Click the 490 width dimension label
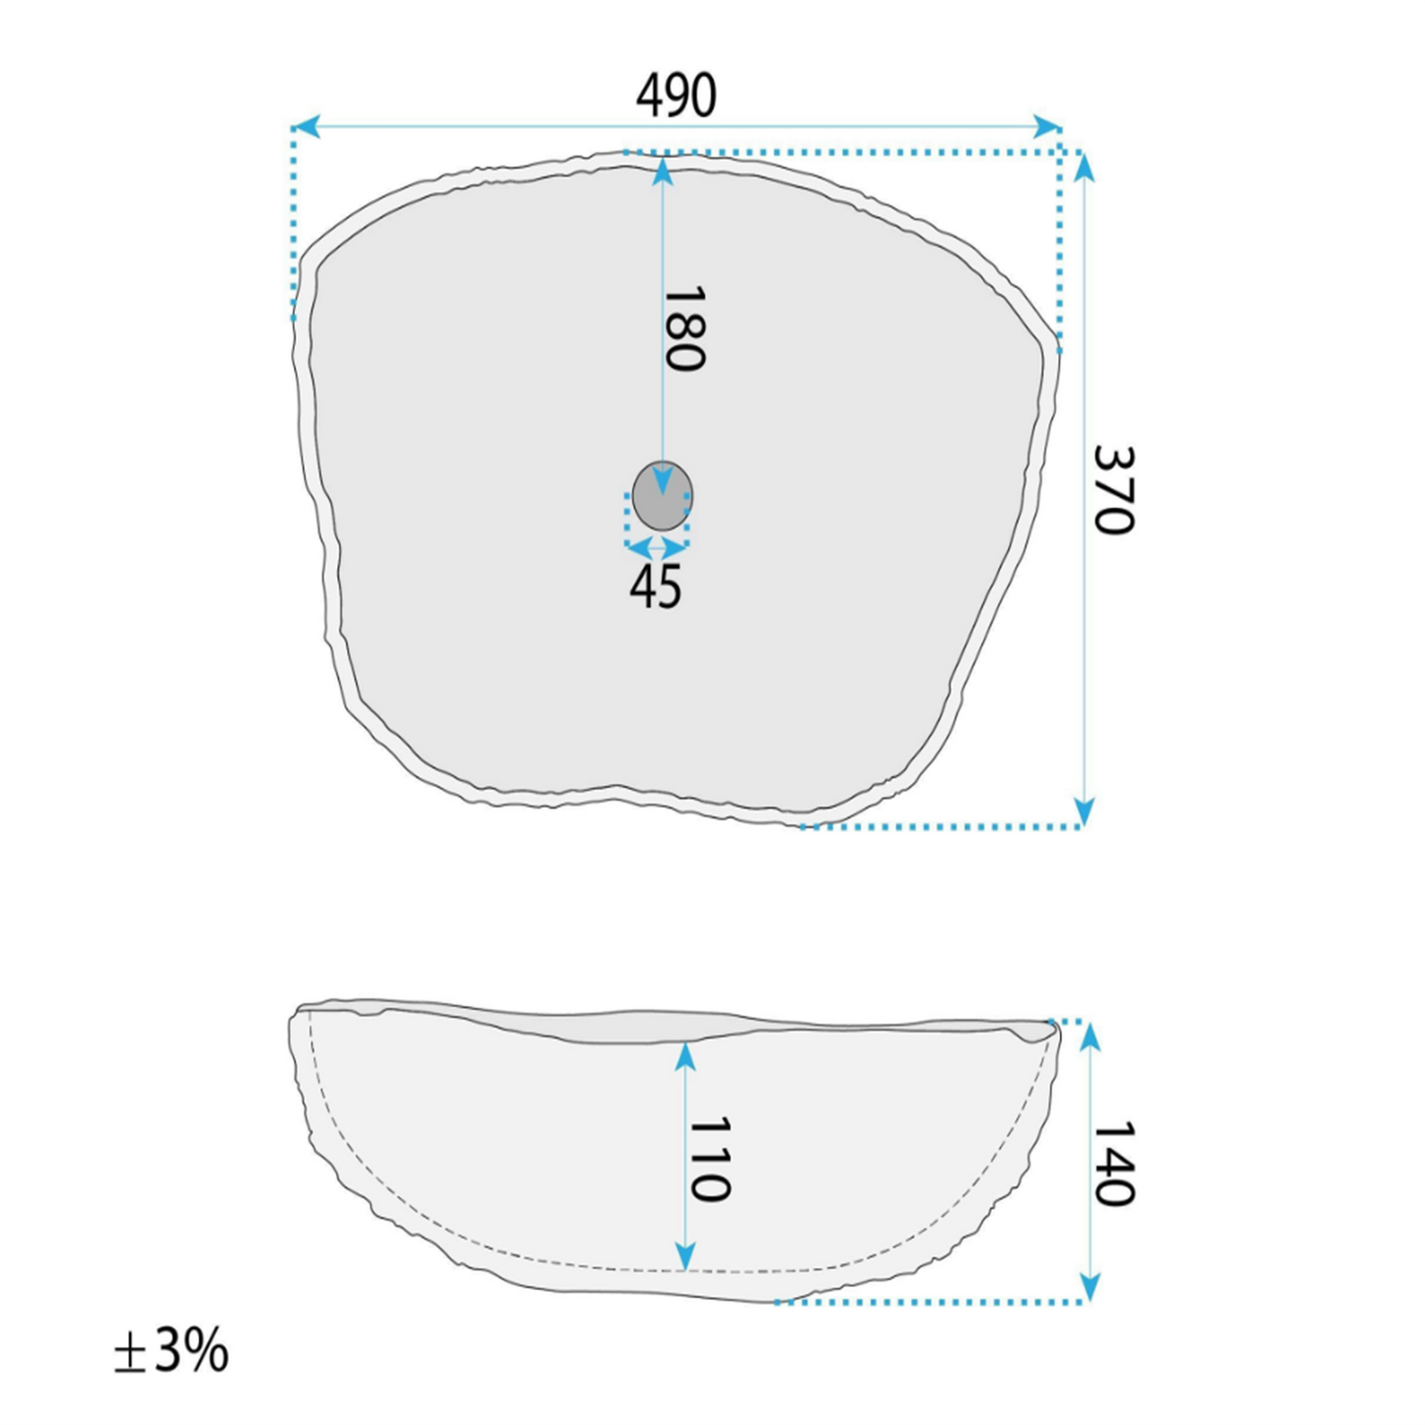pos(676,96)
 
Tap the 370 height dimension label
pos(1113,489)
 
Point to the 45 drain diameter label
pos(655,587)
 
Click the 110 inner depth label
pos(710,1159)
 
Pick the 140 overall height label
pos(1113,1164)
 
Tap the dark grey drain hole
pos(663,495)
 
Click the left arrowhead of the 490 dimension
pos(306,126)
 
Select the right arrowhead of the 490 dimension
pos(1047,126)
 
